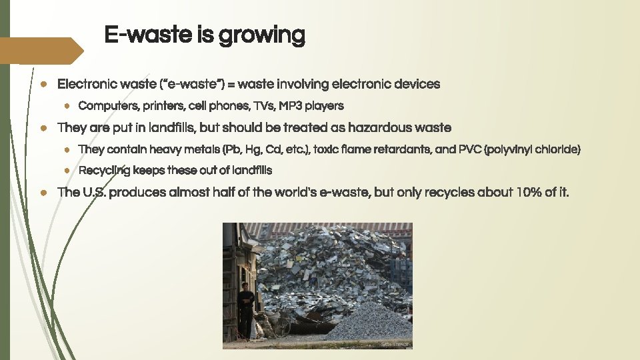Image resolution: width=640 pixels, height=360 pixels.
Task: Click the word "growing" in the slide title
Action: coord(267,35)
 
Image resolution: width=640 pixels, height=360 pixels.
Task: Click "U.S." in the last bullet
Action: coord(92,193)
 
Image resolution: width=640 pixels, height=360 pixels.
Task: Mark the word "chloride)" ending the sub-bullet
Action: coord(559,149)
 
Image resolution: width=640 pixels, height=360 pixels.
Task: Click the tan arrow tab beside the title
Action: coord(40,51)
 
